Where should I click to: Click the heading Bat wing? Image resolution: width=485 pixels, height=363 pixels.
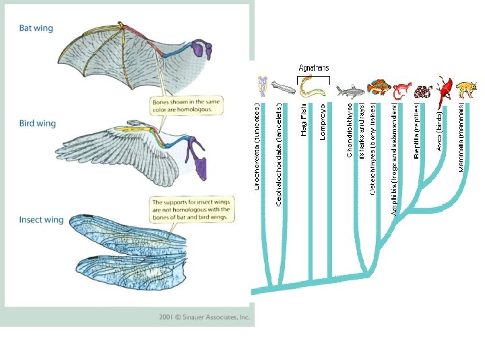(x=36, y=28)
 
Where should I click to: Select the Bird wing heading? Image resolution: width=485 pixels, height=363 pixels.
(x=37, y=124)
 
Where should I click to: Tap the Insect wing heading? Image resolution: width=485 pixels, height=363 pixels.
(x=41, y=220)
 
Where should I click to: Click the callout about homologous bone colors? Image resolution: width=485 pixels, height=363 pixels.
(x=185, y=104)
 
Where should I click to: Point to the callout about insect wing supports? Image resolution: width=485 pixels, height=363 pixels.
(x=191, y=210)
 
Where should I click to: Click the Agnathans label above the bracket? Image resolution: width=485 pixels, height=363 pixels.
(x=314, y=68)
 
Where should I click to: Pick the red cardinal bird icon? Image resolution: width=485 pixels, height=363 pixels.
(x=445, y=93)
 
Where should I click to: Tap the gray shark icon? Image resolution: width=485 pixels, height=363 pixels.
(x=350, y=90)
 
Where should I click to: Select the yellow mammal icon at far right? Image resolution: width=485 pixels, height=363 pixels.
(x=465, y=90)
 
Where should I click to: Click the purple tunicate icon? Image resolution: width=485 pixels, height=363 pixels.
(x=262, y=86)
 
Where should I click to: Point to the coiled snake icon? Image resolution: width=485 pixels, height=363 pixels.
(x=423, y=91)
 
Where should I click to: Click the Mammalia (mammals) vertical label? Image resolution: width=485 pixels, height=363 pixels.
(x=461, y=136)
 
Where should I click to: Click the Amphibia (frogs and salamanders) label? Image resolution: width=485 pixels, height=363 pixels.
(x=394, y=161)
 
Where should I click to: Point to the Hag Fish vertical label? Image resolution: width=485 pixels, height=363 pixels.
(x=304, y=118)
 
